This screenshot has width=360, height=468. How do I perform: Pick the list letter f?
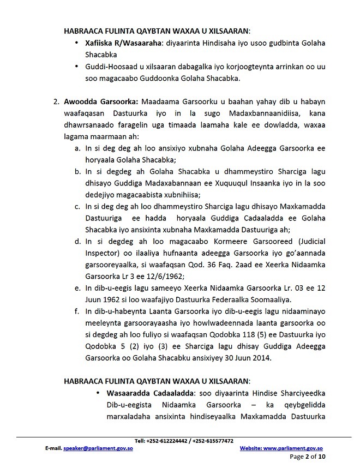(x=77, y=311)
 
